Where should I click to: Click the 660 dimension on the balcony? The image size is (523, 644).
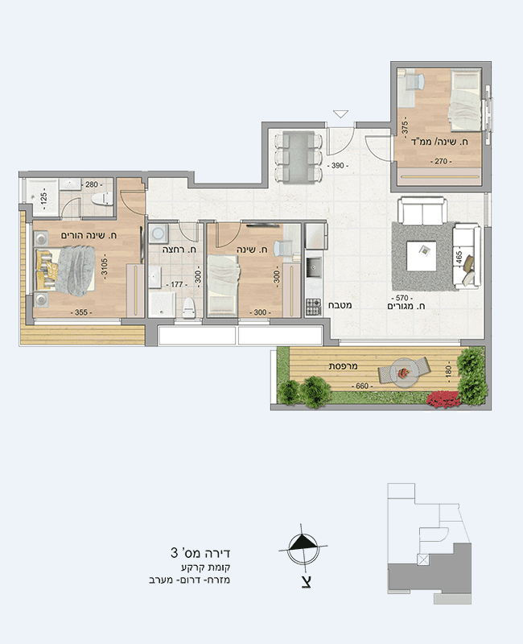point(361,386)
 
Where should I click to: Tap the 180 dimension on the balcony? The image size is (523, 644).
point(448,371)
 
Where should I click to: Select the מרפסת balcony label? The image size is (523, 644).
point(344,366)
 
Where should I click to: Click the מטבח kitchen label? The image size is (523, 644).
point(340,305)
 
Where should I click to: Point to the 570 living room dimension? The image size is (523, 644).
point(402,298)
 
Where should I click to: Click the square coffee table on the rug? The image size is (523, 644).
point(421,255)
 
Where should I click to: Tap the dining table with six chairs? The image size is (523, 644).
point(299,157)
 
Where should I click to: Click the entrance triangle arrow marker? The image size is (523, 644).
point(340,114)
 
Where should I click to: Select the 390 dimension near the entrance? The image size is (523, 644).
point(337,166)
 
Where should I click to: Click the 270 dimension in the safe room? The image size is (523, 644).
point(441,162)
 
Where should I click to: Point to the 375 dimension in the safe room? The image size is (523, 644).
point(405,127)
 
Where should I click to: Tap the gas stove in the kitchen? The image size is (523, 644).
point(313,308)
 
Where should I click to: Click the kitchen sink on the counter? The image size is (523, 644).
point(314,268)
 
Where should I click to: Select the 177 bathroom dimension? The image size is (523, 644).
point(176,284)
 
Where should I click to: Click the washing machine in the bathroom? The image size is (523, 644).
point(157,233)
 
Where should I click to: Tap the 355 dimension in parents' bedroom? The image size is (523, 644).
point(81,312)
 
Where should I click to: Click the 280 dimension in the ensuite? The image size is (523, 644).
point(92,185)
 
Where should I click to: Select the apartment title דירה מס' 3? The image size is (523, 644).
point(200,553)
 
